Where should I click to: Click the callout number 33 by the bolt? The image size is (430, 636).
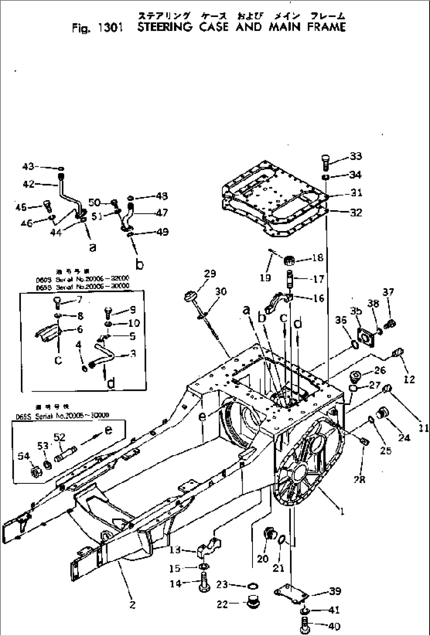pos(355,157)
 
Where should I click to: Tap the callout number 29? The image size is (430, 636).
pos(210,274)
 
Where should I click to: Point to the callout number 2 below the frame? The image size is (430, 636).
pos(132,604)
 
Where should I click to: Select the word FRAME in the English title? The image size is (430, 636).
pos(327,28)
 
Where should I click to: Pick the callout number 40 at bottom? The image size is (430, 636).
pos(334,626)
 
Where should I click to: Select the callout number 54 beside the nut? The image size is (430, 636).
pos(24,456)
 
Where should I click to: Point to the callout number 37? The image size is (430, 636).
pos(389,292)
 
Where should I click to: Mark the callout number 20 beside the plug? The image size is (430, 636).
pos(263,558)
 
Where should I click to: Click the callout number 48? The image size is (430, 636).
pos(162,196)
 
